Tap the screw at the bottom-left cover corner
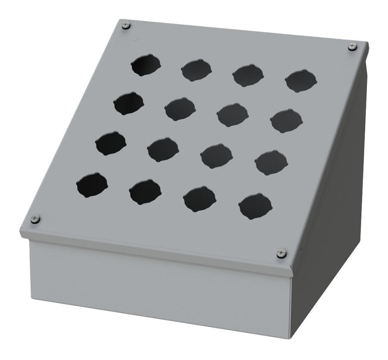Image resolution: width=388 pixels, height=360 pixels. pos(35,219)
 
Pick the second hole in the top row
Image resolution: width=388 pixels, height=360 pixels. pos(197,70)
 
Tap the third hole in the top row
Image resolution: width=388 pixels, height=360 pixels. pos(248,75)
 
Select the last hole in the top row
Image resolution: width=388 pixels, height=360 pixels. pos(301,80)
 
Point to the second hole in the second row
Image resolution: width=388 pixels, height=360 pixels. pos(180,109)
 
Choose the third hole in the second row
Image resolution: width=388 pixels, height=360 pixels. pos(232,115)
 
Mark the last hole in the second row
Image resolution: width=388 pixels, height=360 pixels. pos(286,121)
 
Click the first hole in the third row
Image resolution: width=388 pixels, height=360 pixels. pos(110,143)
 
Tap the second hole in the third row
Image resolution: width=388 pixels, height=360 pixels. pos(163,149)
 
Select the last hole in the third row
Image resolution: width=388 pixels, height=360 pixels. pos(271,162)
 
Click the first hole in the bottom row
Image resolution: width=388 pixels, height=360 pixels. pos(92,185)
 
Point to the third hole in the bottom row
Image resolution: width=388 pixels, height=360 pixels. pos(199,199)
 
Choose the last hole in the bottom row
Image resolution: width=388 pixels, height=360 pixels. pos(255,206)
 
